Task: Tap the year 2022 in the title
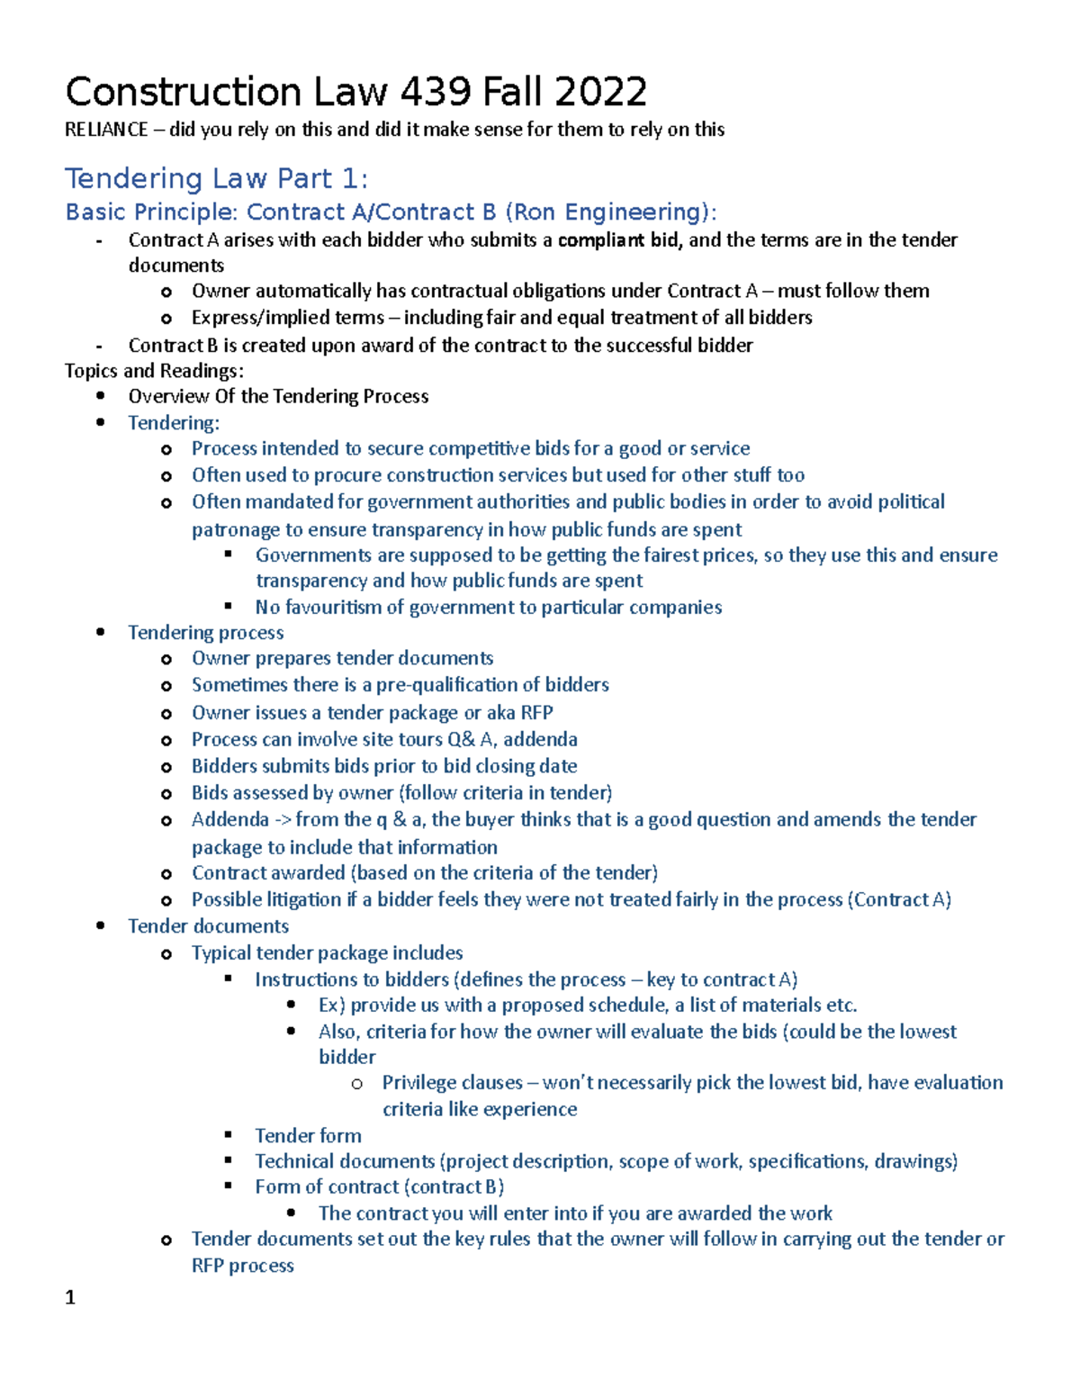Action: [x=600, y=93]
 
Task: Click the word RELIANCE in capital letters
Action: [x=106, y=130]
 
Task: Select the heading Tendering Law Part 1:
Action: [x=216, y=178]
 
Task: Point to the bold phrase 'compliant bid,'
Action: [x=620, y=240]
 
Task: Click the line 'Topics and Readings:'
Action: [x=154, y=371]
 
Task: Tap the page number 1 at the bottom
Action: [x=70, y=1297]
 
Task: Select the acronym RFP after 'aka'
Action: [x=536, y=713]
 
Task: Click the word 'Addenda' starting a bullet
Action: [x=229, y=820]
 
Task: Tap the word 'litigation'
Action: [x=303, y=900]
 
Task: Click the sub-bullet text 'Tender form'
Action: [x=308, y=1136]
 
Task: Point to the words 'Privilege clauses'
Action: [x=452, y=1083]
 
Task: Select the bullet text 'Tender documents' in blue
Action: [x=208, y=926]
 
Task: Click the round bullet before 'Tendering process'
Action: [x=101, y=633]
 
